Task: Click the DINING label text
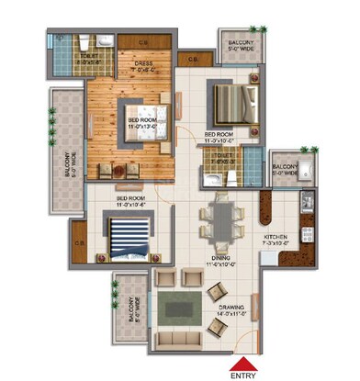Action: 221,263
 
